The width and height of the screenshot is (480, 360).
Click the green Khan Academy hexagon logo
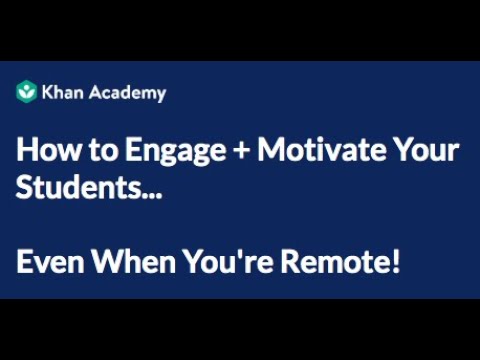(x=27, y=92)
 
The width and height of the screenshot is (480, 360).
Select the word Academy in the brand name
(x=127, y=93)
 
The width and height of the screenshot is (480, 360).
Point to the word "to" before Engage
(x=87, y=152)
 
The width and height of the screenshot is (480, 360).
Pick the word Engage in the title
(x=149, y=153)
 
